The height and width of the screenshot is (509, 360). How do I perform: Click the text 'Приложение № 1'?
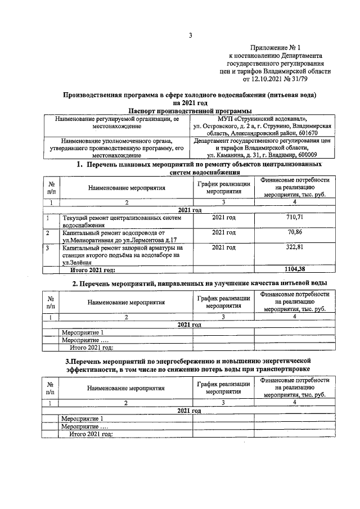pyautogui.click(x=276, y=49)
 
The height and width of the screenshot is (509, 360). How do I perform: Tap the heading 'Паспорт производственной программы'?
pyautogui.click(x=190, y=111)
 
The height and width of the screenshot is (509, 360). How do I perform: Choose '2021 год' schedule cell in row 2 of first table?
pyautogui.click(x=223, y=232)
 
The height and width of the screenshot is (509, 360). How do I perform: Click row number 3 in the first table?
pyautogui.click(x=48, y=247)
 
